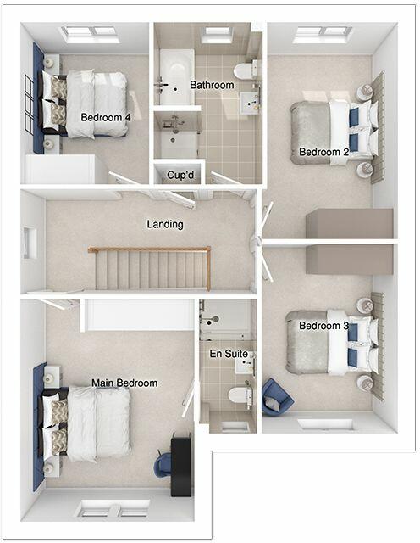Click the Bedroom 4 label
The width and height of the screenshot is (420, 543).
(x=106, y=117)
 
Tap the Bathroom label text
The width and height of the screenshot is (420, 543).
(x=212, y=85)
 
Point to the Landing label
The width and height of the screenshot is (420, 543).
(x=165, y=224)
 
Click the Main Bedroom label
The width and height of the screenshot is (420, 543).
(x=124, y=383)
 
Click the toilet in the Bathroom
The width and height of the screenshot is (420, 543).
(x=244, y=70)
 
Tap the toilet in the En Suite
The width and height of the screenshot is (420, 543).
(x=240, y=395)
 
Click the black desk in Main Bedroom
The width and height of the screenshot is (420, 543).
(x=180, y=464)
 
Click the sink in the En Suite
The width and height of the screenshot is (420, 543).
(x=245, y=366)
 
